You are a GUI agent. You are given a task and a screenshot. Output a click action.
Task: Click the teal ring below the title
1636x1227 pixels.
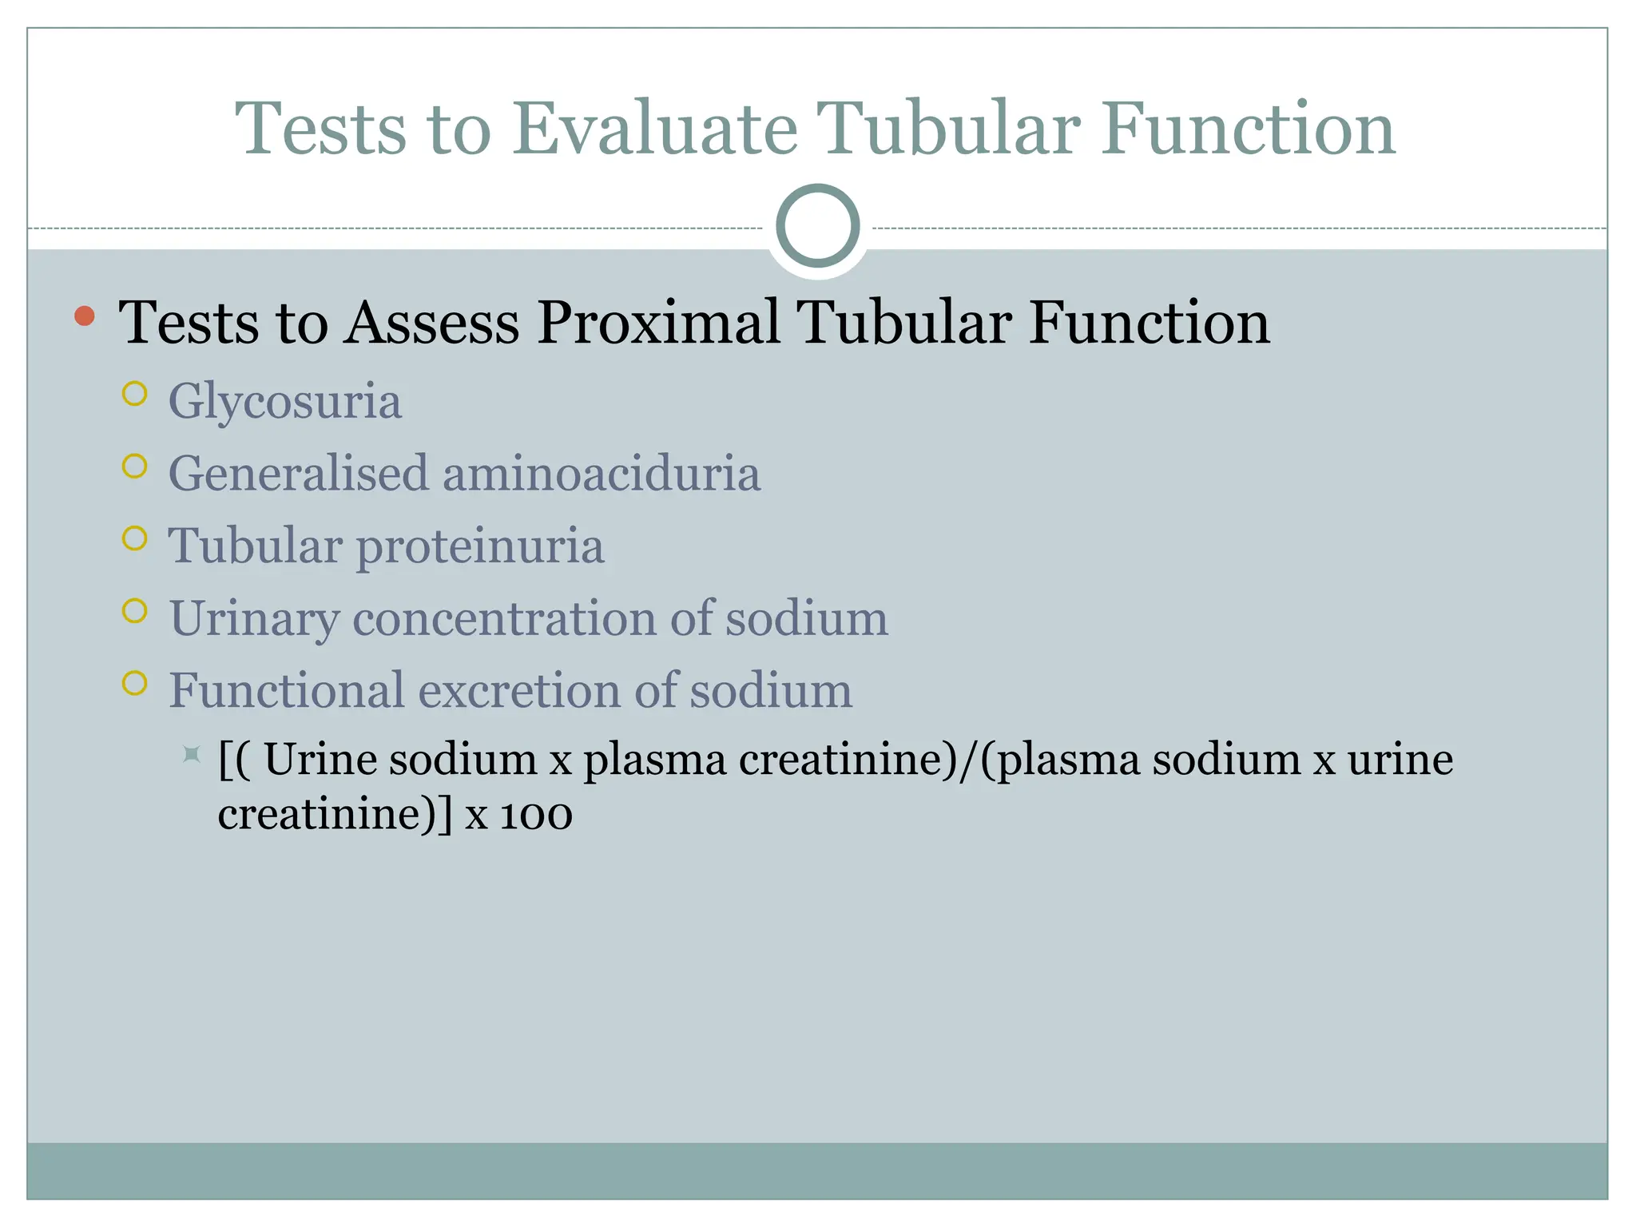pyautogui.click(x=817, y=226)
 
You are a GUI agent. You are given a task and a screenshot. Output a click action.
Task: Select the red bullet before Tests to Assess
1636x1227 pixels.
pyautogui.click(x=84, y=316)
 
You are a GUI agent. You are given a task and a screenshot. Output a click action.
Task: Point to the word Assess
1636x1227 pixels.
pyautogui.click(x=431, y=323)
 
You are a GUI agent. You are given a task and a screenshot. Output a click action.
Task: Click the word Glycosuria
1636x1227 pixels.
pyautogui.click(x=284, y=401)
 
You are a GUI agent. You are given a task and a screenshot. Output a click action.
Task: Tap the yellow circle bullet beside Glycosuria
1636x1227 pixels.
pyautogui.click(x=135, y=394)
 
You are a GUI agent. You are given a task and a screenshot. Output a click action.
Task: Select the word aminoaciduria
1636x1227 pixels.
pyautogui.click(x=601, y=473)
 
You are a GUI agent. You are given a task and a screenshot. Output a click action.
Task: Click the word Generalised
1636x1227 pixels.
pyautogui.click(x=298, y=473)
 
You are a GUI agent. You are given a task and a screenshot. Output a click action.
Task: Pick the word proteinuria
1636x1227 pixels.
pyautogui.click(x=479, y=547)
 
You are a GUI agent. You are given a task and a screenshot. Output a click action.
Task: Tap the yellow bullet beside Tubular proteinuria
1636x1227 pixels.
pyautogui.click(x=135, y=538)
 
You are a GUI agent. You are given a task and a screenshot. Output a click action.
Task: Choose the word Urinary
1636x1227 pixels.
pyautogui.click(x=254, y=620)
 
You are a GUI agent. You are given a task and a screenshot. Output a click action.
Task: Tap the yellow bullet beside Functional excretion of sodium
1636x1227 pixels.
pyautogui.click(x=135, y=683)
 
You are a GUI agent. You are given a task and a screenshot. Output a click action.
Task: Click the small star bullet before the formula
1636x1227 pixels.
pyautogui.click(x=191, y=753)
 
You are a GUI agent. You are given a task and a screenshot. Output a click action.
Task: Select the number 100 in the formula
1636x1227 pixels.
pyautogui.click(x=536, y=816)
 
